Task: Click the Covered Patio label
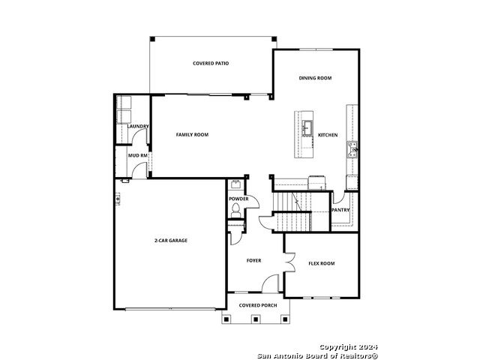[211, 63]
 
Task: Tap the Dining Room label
[315, 78]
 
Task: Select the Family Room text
[192, 135]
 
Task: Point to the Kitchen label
[328, 135]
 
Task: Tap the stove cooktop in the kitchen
[352, 150]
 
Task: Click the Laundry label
[138, 127]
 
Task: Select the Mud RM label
[138, 155]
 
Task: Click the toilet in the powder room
[235, 211]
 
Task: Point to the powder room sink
[235, 184]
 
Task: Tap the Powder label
[238, 199]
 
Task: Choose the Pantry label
[340, 210]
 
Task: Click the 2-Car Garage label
[171, 241]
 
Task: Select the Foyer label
[253, 260]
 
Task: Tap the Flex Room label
[322, 263]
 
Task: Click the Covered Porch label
[258, 305]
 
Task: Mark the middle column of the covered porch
[255, 319]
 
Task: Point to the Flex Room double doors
[289, 262]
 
